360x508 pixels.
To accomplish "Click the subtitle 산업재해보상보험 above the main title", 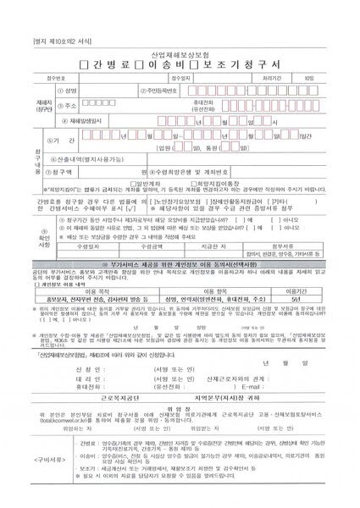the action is [181, 53].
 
